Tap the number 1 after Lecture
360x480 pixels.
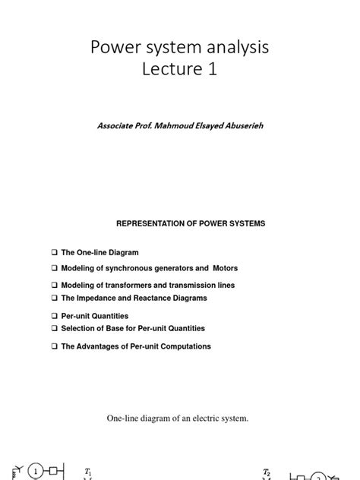[220, 73]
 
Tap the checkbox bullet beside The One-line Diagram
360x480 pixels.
[55, 252]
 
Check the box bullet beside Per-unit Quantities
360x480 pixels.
[55, 316]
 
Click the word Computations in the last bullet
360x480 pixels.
[185, 346]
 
